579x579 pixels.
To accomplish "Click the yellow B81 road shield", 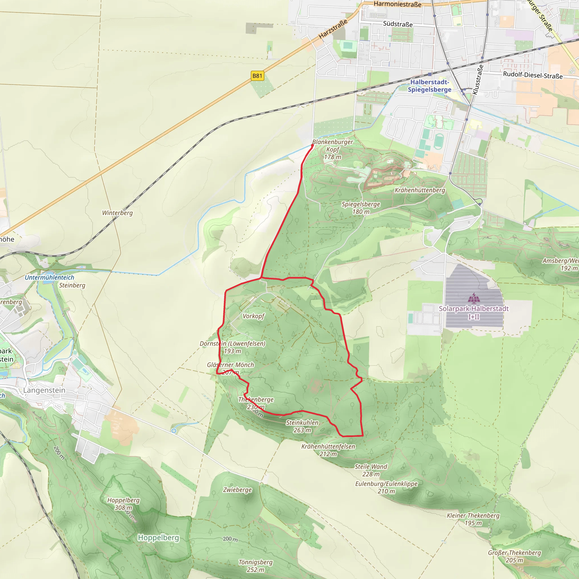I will coord(257,76).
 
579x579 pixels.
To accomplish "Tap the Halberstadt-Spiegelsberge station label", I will coord(429,86).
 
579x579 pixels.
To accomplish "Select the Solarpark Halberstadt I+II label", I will coord(474,312).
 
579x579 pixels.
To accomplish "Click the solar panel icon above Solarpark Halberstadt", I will coord(474,298).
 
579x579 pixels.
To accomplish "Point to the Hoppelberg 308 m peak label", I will coord(124,504).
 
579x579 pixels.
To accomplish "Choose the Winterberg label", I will coord(118,213).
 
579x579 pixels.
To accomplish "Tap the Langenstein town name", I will coord(44,390).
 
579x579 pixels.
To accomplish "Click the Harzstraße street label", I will coord(333,29).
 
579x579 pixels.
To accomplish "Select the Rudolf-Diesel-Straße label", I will coord(533,75).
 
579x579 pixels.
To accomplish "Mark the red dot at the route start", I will coord(312,145).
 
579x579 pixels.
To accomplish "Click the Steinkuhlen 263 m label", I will coord(302,426).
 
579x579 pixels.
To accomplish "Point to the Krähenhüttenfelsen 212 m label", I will coord(328,450).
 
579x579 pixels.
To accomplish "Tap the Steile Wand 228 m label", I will coord(371,470).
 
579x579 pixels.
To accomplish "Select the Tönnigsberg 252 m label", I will coord(256,566).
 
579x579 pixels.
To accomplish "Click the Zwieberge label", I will coord(237,490).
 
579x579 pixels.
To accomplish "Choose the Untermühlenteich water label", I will coord(49,278).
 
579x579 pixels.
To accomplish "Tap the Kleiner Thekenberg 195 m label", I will coord(473,519).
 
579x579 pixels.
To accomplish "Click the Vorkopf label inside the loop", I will coord(254,316).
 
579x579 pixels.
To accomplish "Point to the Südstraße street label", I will coord(398,24).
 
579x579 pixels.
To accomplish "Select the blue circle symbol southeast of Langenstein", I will coord(174,431).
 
